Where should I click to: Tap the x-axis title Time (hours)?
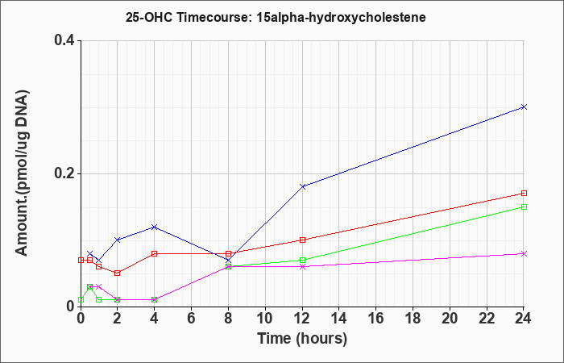click(x=302, y=338)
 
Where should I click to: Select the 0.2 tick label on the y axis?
click(x=64, y=173)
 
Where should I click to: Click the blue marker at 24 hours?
click(x=524, y=106)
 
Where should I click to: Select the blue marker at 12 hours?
click(x=302, y=186)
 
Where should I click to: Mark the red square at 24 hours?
click(x=524, y=193)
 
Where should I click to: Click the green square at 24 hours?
click(x=524, y=207)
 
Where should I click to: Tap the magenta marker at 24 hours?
click(x=524, y=253)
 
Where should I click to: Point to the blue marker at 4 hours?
click(x=154, y=227)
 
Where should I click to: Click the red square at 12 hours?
click(x=302, y=240)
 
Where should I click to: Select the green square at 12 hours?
click(x=302, y=260)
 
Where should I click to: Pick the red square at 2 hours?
click(x=118, y=273)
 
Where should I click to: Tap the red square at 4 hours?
click(x=154, y=253)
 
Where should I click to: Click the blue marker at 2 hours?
click(x=118, y=240)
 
